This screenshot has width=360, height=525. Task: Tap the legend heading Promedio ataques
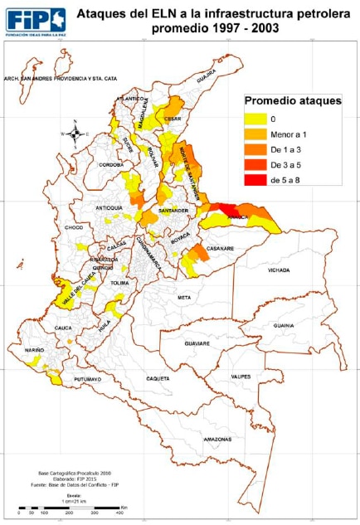pos(292,101)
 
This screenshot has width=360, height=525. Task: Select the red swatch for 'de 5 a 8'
pos(255,180)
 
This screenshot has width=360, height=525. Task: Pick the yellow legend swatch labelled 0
pos(255,120)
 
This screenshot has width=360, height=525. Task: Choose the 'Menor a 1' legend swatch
pos(255,135)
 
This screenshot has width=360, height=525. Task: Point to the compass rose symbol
pos(75,133)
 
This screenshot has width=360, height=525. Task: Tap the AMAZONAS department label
pos(217,437)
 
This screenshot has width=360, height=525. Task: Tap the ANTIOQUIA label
pos(109,207)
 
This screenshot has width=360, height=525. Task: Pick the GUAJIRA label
pos(205,80)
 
